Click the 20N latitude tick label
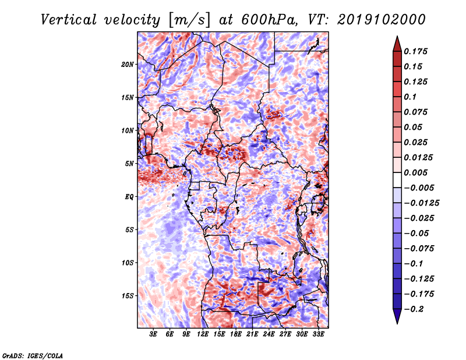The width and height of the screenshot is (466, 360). pos(128,65)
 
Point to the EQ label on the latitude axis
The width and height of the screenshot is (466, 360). pos(129,197)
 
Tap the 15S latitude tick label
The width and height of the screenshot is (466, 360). pos(128,296)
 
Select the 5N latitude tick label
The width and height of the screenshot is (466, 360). pos(129,164)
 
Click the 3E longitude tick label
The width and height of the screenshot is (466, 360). pos(153,334)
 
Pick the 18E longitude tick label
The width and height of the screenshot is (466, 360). pos(236,334)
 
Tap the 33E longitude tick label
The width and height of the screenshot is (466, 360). pos(318,334)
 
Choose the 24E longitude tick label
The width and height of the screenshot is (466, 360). pos(269,334)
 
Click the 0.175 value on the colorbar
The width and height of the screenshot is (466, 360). pos(415,51)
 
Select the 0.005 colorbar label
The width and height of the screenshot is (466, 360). pos(415,172)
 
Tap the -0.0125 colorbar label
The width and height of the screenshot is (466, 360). pos(421,203)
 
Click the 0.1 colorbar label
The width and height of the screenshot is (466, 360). pos(410,97)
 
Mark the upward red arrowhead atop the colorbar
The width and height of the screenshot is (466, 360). pos(397,44)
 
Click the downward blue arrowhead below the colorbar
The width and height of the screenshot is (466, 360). pos(397,316)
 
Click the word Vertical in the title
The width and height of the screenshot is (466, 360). pos(69,20)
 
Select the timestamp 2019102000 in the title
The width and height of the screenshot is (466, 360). pos(382,20)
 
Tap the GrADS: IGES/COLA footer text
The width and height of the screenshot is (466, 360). pos(33,355)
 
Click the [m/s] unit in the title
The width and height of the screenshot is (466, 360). pos(189,20)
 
